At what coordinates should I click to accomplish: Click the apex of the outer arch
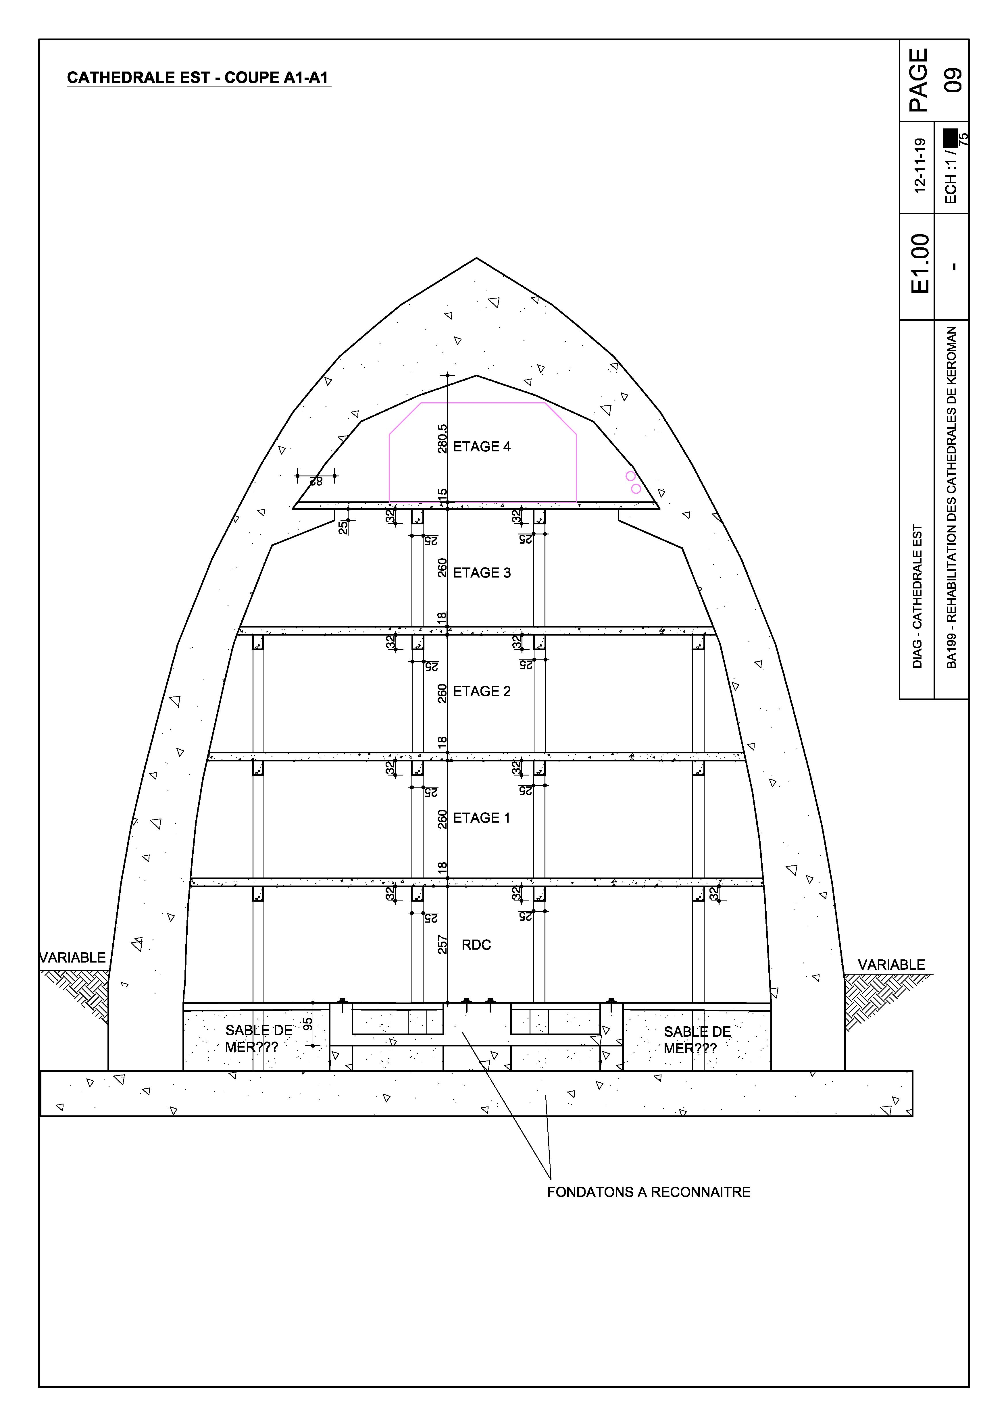[x=476, y=258]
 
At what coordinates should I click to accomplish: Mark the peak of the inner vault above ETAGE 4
[x=476, y=375]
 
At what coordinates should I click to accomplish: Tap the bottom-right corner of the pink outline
[x=576, y=502]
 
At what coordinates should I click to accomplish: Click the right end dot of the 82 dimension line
[x=335, y=476]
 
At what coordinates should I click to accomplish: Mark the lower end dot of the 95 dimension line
[x=313, y=1046]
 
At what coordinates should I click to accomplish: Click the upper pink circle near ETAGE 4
[x=630, y=476]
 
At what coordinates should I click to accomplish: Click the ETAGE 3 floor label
[x=482, y=573]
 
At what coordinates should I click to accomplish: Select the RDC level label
[x=476, y=945]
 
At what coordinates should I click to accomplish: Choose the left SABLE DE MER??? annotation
[x=258, y=1039]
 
